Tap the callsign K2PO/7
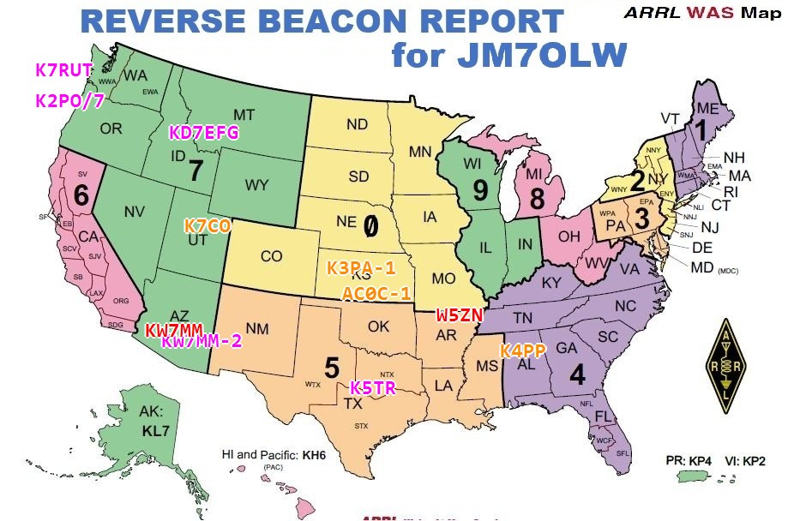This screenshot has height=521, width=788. [x=69, y=101]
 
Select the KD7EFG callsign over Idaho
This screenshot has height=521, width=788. [x=203, y=133]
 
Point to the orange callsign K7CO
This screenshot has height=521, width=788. [x=208, y=226]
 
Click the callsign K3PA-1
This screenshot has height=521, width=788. [x=361, y=267]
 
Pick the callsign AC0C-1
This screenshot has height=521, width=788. [x=376, y=293]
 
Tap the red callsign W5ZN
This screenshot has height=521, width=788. [x=460, y=314]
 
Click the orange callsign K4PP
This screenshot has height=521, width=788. [x=523, y=350]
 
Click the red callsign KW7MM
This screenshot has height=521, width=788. [x=173, y=330]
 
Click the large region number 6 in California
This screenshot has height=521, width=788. [x=81, y=195]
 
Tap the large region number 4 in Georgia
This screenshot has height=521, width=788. [x=577, y=374]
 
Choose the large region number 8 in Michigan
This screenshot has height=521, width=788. [x=537, y=200]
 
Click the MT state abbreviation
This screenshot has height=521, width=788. [x=244, y=115]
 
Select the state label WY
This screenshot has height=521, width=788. [x=256, y=185]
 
